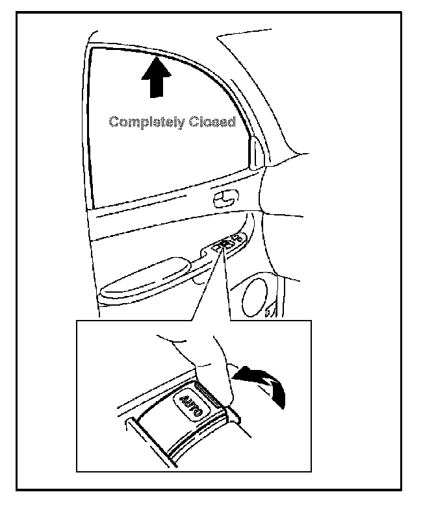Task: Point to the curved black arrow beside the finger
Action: coord(263,382)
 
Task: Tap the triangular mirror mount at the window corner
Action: coord(257,152)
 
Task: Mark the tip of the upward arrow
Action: coord(156,57)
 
